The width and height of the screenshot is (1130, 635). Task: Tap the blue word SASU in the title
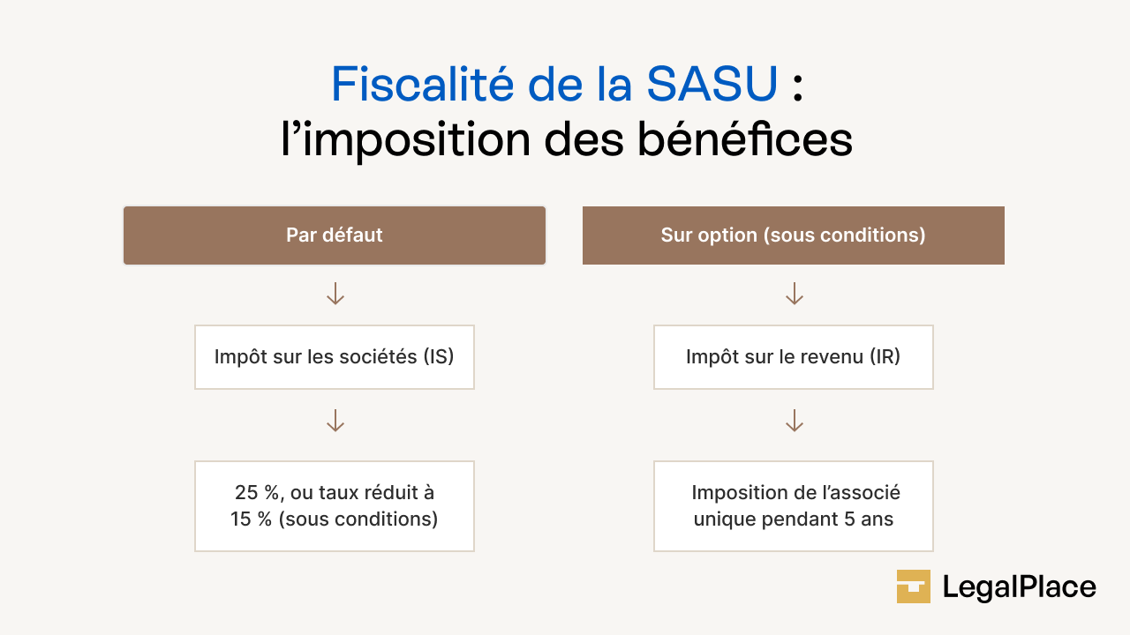712,85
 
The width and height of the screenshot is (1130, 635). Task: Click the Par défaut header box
335,235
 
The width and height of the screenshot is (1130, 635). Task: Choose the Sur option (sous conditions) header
793,235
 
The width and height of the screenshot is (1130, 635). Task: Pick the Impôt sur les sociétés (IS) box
335,357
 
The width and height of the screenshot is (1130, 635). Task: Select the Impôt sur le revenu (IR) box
793,357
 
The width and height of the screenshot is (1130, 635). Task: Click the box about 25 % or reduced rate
335,506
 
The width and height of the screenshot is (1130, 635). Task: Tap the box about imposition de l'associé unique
793,506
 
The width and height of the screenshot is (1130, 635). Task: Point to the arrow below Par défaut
335,294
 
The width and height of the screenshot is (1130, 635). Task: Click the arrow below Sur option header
794,294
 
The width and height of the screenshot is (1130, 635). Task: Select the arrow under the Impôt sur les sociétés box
335,421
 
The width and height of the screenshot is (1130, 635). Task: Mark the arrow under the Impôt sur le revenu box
794,421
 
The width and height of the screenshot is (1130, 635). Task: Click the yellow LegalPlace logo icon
914,586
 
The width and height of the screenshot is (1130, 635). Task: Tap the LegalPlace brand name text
1019,587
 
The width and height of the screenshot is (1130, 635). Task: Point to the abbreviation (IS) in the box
438,357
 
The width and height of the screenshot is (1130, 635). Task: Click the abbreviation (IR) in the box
885,357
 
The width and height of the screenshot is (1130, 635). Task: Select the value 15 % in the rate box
252,519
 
